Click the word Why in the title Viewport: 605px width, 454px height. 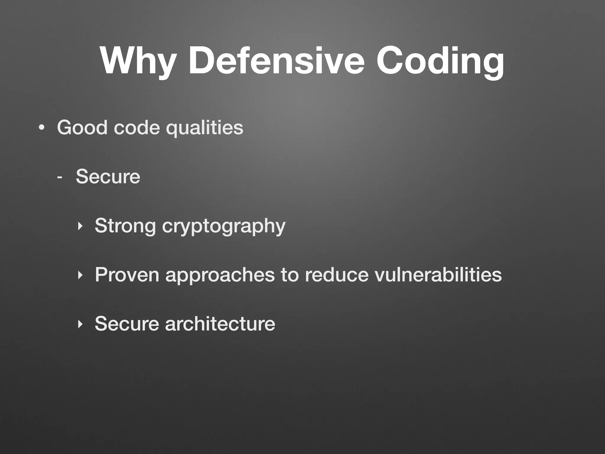coord(138,61)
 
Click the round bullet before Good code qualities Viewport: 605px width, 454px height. coord(42,128)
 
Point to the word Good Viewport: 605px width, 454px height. coord(82,127)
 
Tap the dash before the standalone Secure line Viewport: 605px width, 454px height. coord(60,177)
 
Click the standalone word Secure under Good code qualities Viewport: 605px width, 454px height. coord(108,176)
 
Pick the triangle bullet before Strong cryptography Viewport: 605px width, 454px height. coord(79,226)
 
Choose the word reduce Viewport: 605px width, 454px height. coord(336,275)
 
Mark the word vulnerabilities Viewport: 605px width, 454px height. coord(438,275)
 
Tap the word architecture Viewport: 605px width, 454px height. coord(220,324)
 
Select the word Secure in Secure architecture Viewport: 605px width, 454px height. coord(127,324)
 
